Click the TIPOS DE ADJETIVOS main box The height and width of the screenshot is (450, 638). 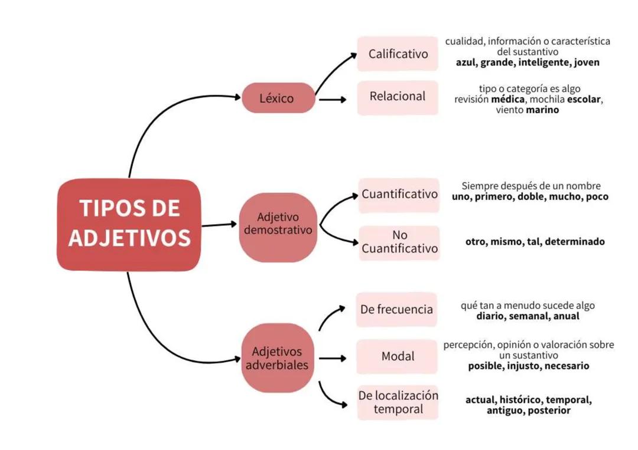(x=129, y=225)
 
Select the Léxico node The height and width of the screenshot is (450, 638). (x=276, y=98)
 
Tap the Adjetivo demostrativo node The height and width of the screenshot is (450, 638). (x=278, y=225)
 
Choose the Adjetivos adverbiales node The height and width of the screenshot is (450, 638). (x=277, y=358)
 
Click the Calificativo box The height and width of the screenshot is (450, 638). (x=398, y=54)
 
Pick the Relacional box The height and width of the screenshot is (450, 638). (x=397, y=96)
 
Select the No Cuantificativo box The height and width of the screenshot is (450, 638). (x=399, y=242)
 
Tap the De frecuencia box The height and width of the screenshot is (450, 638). (x=396, y=309)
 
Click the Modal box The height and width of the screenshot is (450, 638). (x=397, y=356)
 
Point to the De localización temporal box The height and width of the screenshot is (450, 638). (x=398, y=402)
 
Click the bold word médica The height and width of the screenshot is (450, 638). (x=507, y=100)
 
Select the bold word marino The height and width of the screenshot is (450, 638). (x=542, y=110)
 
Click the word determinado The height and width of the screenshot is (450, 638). (x=575, y=242)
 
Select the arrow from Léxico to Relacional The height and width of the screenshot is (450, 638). (x=332, y=99)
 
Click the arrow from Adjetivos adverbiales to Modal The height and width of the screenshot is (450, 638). (x=332, y=358)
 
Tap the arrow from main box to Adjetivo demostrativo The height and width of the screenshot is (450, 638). (x=219, y=225)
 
